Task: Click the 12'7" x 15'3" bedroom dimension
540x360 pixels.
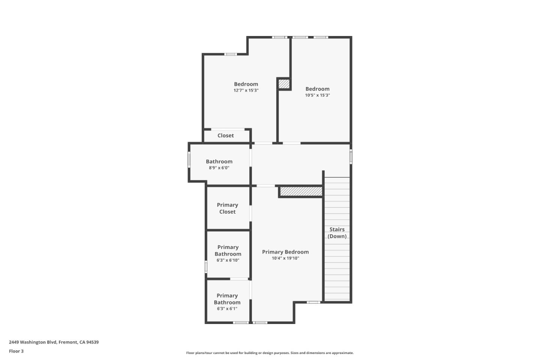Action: (246, 90)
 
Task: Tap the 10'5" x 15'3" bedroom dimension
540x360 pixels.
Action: (317, 95)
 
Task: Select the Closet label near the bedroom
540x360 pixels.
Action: (225, 135)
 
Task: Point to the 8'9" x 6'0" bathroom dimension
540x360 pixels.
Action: (219, 168)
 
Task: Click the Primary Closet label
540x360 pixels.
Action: (227, 208)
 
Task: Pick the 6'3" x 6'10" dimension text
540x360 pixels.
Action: (228, 260)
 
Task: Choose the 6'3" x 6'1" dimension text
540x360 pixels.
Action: (227, 309)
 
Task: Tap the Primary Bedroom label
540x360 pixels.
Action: (285, 252)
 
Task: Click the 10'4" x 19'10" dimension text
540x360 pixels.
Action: (285, 258)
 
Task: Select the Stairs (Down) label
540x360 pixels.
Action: (337, 232)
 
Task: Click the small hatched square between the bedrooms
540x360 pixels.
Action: (284, 84)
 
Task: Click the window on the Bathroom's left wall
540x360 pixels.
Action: (189, 159)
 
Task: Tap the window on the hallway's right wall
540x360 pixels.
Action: (351, 156)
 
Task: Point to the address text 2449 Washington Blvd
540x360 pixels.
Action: (54, 342)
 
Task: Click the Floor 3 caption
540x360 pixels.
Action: (16, 351)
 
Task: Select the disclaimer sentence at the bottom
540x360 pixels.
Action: (270, 353)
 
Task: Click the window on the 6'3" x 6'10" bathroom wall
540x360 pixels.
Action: (206, 267)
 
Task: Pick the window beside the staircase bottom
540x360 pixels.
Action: (313, 302)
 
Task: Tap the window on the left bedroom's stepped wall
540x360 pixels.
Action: (231, 54)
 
